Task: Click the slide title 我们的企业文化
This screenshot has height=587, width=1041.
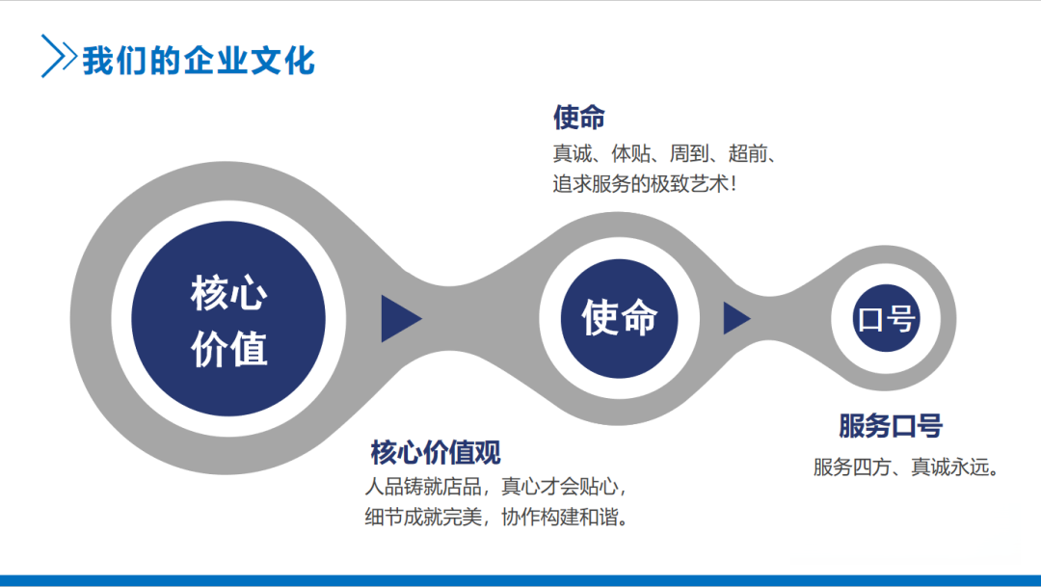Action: point(199,61)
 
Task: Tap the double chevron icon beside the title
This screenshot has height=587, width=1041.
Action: point(59,57)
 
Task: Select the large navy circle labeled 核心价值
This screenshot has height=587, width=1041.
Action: point(228,319)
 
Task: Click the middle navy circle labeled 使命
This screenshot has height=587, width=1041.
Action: point(620,319)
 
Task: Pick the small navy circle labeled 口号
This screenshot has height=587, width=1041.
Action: point(887,319)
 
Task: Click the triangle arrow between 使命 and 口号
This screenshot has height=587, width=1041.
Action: point(736,319)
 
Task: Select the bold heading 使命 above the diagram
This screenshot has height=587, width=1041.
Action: point(579,118)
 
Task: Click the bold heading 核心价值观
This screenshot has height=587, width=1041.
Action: point(436,453)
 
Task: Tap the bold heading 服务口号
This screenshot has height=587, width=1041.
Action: point(891,426)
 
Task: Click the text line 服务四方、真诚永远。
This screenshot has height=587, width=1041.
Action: point(906,467)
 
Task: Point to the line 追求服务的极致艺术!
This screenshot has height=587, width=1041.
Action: point(644,184)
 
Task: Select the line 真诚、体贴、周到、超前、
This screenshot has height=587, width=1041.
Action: point(664,153)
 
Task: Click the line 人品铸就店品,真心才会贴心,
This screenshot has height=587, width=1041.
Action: point(495,487)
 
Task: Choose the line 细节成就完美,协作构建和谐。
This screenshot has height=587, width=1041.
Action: point(496,517)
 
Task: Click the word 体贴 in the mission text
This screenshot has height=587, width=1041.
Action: point(630,153)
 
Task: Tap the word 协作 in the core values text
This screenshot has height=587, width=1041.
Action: point(520,517)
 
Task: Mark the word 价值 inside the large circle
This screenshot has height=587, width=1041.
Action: point(229,349)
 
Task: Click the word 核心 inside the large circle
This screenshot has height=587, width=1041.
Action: point(229,293)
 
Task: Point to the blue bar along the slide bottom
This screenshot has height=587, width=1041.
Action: point(520,580)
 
